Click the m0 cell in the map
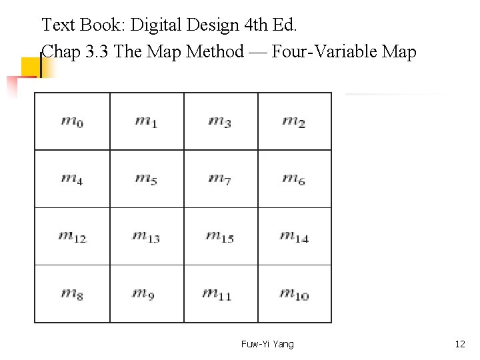coord(72,121)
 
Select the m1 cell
coord(146,121)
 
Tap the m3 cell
coord(220,121)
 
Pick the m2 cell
coord(294,121)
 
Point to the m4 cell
coord(72,179)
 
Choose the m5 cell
coord(146,179)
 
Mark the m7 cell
coord(220,179)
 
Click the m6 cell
coord(294,179)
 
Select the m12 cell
coord(72,236)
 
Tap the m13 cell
coord(146,236)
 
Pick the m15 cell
coord(220,236)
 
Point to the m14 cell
coord(294,236)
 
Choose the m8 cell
coord(72,293)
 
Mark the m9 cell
coord(146,293)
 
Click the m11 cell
coord(220,293)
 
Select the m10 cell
coord(294,293)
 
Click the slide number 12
coord(460,344)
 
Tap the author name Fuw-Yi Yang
coord(267,344)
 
